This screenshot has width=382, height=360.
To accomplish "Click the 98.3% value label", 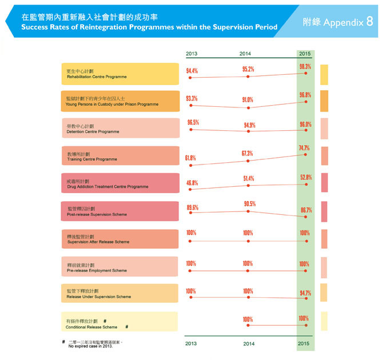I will pyautogui.click(x=305, y=67).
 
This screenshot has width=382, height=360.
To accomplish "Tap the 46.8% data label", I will pyautogui.click(x=192, y=183).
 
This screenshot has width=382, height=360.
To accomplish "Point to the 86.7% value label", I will pyautogui.click(x=305, y=210).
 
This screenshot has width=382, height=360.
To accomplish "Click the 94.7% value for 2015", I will pyautogui.click(x=305, y=293).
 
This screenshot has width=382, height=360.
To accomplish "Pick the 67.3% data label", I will pyautogui.click(x=248, y=153).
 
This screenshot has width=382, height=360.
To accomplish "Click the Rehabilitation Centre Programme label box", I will pyautogui.click(x=120, y=74).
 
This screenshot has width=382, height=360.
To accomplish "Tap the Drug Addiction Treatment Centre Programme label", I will pyautogui.click(x=120, y=184).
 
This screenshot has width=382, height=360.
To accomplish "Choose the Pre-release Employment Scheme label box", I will pyautogui.click(x=120, y=267).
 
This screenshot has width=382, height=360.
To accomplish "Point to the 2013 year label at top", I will pyautogui.click(x=192, y=54).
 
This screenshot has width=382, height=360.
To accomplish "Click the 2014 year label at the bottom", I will pyautogui.click(x=248, y=343).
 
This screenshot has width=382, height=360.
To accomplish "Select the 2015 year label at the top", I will pyautogui.click(x=305, y=54).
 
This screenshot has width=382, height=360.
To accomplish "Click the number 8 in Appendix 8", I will pyautogui.click(x=369, y=22).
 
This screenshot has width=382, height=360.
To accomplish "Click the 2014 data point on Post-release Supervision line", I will pyautogui.click(x=248, y=211).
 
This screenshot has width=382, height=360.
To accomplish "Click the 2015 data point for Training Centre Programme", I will pyautogui.click(x=305, y=155).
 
